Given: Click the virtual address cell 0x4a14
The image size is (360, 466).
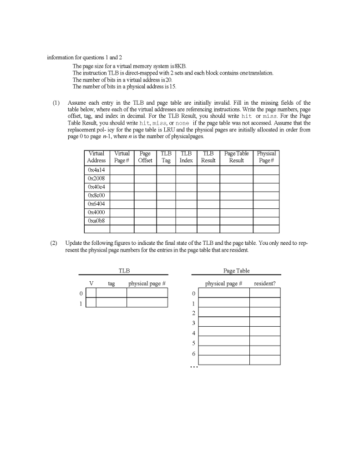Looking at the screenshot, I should point(96,171).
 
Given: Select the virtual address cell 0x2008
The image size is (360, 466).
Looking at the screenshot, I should point(96,179).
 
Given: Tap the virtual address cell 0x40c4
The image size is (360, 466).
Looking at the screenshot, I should point(96,187).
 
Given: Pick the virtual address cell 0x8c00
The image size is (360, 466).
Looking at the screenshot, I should point(96,196).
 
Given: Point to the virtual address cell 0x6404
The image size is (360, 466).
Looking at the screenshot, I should point(96,204).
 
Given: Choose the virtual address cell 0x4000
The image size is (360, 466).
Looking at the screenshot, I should point(96,212).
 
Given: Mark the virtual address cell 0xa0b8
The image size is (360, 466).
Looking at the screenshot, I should point(96,220).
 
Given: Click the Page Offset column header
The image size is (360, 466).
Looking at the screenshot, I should point(145,157).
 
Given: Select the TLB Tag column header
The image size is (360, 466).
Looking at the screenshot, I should point(166,157).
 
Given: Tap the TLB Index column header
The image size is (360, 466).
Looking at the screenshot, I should point(186,157).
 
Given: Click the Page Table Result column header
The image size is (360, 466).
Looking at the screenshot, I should point(236,157).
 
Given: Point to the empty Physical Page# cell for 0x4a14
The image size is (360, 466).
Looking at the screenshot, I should point(266,171).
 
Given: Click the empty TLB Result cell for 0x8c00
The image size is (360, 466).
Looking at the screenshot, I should point(208,196).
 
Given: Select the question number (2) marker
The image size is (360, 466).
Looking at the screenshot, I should point(55,243).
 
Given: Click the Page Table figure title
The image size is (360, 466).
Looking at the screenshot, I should point(236,271).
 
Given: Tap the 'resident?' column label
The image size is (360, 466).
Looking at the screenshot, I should point(264,284).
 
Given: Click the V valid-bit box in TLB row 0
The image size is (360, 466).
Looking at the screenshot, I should point(91,293).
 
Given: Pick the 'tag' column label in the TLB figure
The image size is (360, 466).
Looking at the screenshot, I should point(112,284).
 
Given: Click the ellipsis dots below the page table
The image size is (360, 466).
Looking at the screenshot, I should point(194,369).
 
